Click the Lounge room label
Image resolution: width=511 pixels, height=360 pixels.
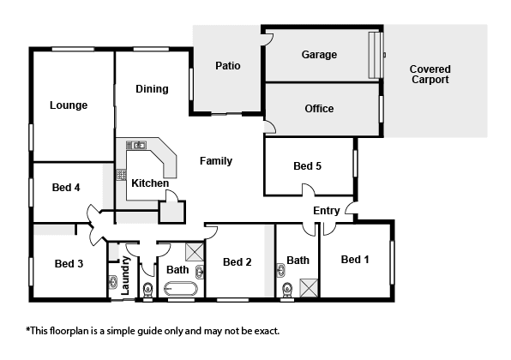pyautogui.click(x=69, y=105)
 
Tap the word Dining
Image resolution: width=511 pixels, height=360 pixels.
pyautogui.click(x=152, y=89)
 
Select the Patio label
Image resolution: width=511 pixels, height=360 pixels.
pyautogui.click(x=228, y=66)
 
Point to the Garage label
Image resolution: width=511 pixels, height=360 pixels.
pyautogui.click(x=319, y=55)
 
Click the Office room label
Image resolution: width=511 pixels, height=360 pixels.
pyautogui.click(x=319, y=109)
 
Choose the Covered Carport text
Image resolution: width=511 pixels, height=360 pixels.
pyautogui.click(x=430, y=75)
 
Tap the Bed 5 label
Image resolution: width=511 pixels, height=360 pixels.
pyautogui.click(x=307, y=166)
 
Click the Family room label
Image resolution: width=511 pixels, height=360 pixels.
pyautogui.click(x=216, y=161)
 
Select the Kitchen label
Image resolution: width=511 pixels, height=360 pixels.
pyautogui.click(x=150, y=183)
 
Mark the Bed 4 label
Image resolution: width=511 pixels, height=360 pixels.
pyautogui.click(x=66, y=188)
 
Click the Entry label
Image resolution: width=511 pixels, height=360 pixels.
pyautogui.click(x=326, y=211)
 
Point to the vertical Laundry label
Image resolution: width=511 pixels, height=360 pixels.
pyautogui.click(x=125, y=276)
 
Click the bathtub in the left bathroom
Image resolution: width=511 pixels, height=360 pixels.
pyautogui.click(x=181, y=288)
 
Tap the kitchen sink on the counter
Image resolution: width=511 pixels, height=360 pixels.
pyautogui.click(x=136, y=145)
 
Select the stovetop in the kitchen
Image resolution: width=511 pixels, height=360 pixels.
pyautogui.click(x=121, y=175)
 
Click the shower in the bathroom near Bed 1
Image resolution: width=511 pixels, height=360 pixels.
pyautogui.click(x=309, y=288)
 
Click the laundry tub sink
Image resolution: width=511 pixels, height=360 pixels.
pyautogui.click(x=113, y=282)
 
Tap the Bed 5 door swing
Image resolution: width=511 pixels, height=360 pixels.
pyautogui.click(x=309, y=189)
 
